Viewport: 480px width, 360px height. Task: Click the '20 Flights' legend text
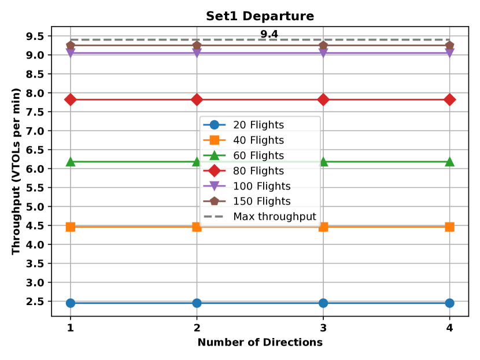258,125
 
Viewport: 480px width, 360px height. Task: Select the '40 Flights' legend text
258,140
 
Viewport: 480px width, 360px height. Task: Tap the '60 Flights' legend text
258,155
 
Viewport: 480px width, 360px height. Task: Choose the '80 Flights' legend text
258,171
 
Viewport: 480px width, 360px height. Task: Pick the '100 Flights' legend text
261,186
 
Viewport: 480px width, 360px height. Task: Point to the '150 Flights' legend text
261,202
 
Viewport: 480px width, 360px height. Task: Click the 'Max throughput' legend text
274,217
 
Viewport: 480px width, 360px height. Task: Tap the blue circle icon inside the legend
214,125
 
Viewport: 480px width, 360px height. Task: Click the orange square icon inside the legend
214,140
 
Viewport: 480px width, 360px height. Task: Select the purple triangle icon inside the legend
214,186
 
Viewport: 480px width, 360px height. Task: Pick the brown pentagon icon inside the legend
214,201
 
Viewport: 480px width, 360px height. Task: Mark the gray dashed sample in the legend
214,217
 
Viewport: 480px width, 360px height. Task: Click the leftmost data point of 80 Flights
71,100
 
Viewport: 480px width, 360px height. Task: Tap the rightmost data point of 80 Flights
449,100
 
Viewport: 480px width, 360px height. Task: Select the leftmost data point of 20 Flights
71,303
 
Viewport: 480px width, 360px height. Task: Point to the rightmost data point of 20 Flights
449,303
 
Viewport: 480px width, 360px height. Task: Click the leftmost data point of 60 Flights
71,162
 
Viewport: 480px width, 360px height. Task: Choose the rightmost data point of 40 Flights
449,227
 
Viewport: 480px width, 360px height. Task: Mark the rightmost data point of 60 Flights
449,162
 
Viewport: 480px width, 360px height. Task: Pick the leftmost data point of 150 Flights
71,46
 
